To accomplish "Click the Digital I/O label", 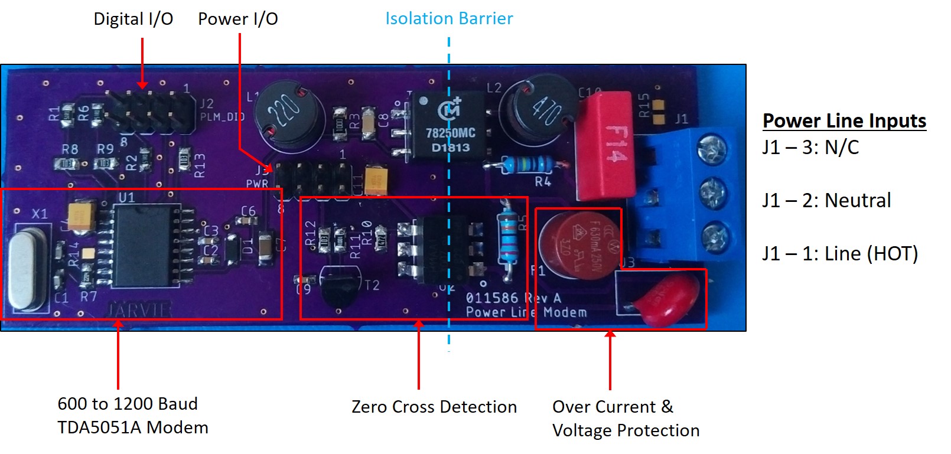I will point(133,19).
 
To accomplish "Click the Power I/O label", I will point(237,19).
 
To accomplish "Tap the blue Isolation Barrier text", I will point(449,19).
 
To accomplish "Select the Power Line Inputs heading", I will point(844,121).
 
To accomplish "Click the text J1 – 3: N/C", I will point(810,147).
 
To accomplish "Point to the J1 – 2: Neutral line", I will point(826,201).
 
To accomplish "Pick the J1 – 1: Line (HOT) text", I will point(839,254).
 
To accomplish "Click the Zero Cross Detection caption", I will point(434,407).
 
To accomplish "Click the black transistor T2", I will point(340,286).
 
